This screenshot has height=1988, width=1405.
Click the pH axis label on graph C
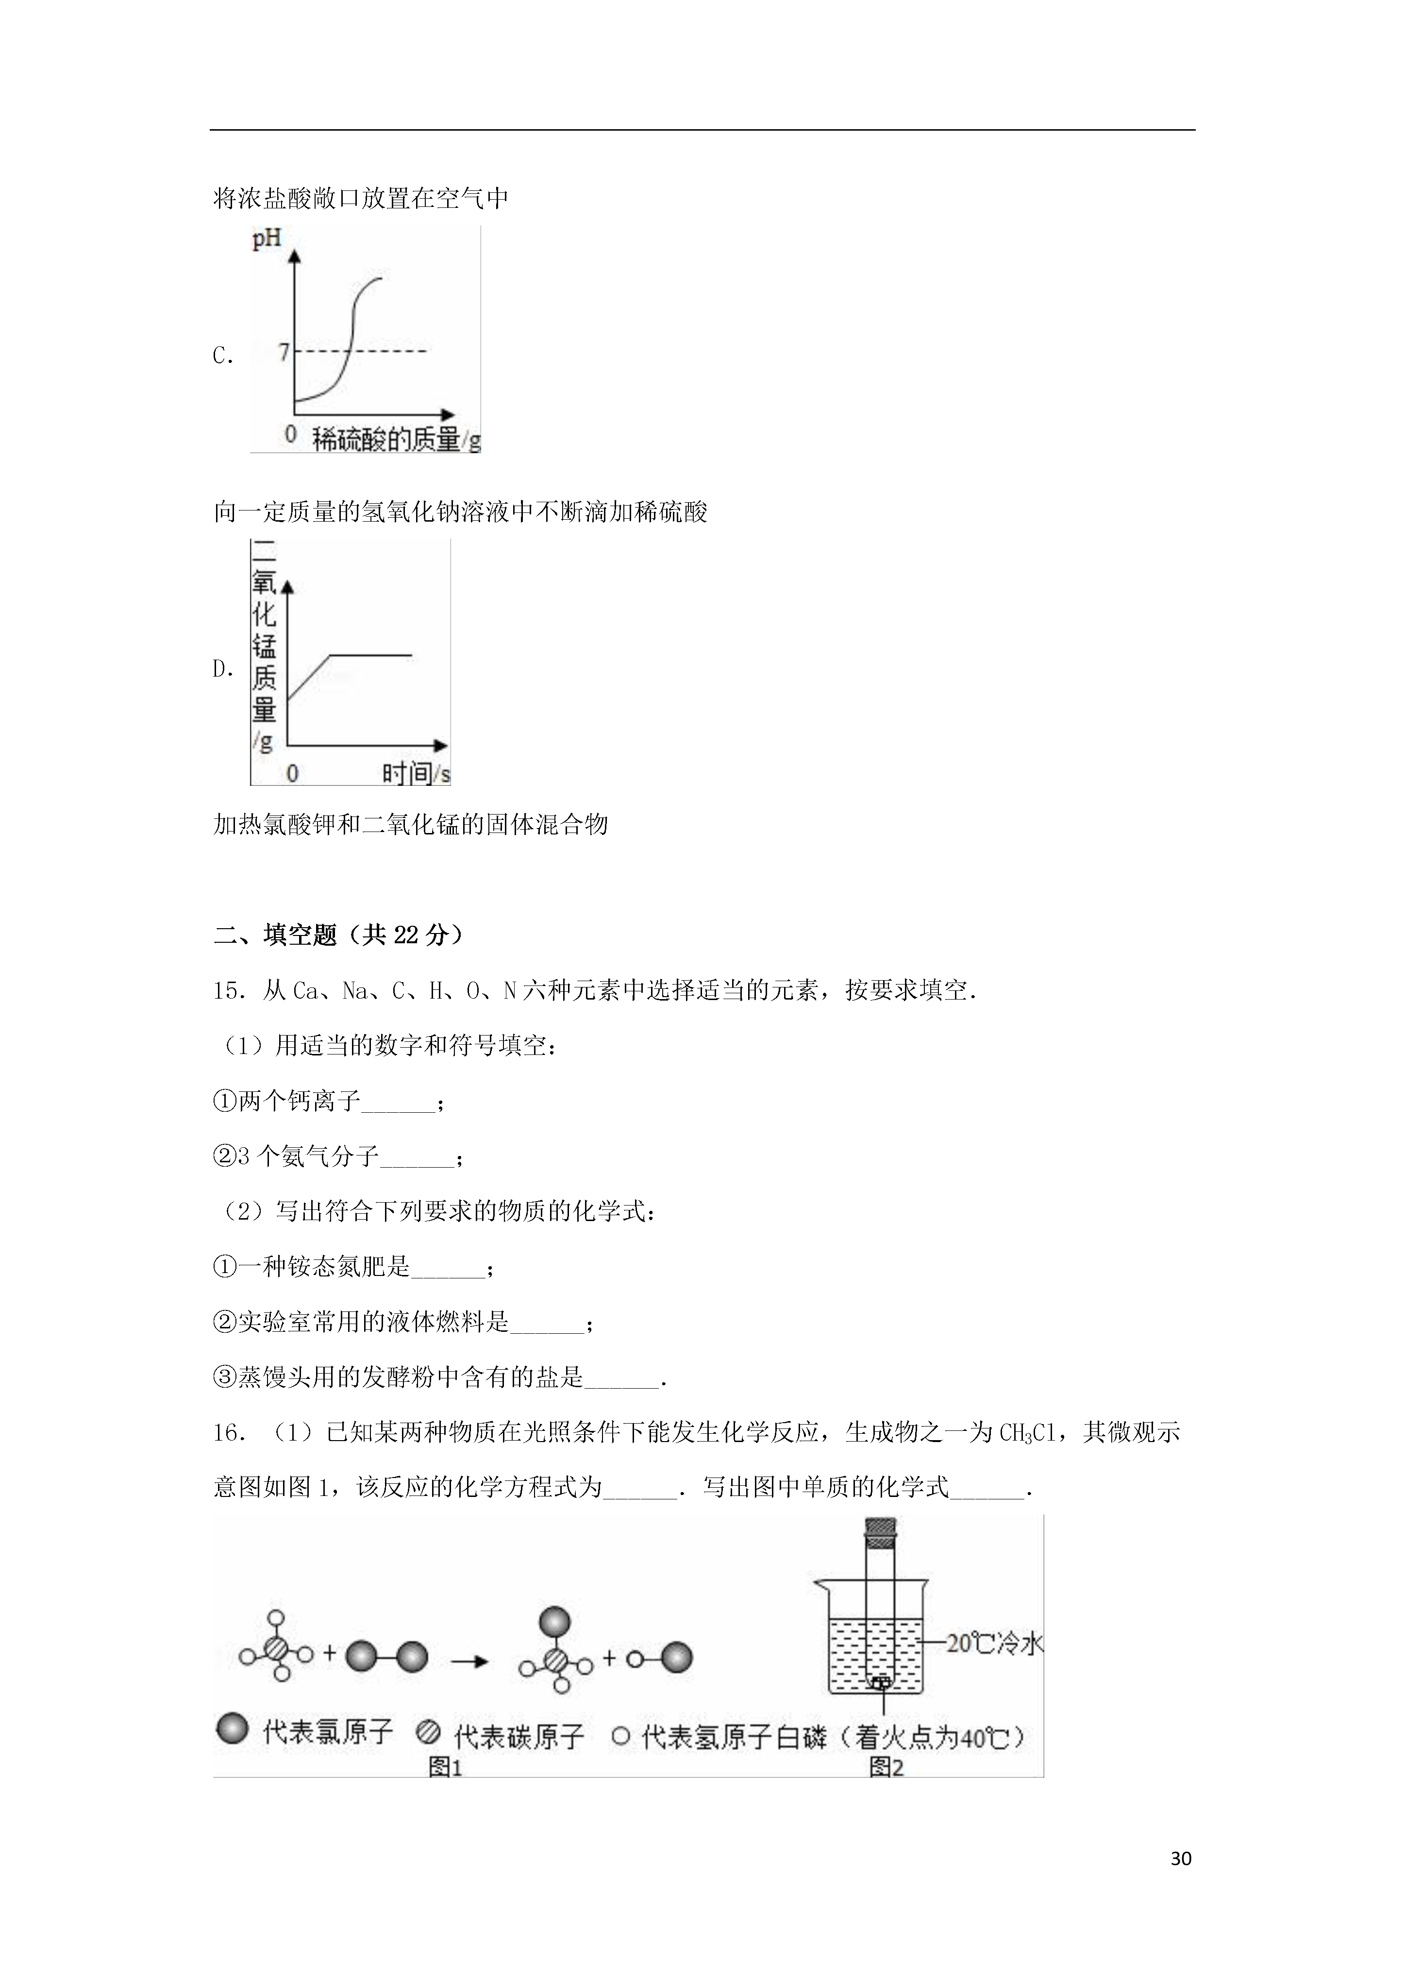click(x=267, y=238)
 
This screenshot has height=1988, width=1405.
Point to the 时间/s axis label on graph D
click(x=416, y=773)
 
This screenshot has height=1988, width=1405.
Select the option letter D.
click(x=222, y=668)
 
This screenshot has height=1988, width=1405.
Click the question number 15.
click(x=230, y=990)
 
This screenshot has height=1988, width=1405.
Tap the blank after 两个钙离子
click(x=398, y=1102)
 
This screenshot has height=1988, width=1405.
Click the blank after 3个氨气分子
click(x=417, y=1157)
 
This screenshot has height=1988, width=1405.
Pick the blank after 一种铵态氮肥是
click(x=448, y=1268)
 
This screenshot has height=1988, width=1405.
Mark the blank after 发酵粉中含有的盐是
click(x=620, y=1378)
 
